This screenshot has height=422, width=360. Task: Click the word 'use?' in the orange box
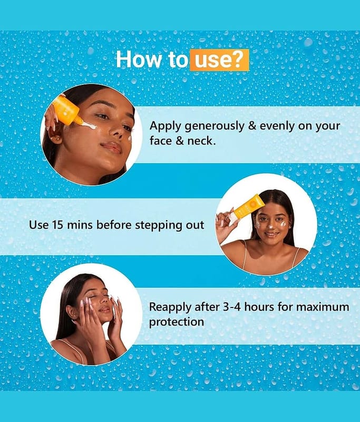tap(219, 60)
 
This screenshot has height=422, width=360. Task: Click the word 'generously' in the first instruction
tap(215, 127)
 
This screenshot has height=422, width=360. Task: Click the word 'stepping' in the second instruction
tap(156, 225)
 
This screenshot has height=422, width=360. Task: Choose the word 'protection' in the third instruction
tap(177, 322)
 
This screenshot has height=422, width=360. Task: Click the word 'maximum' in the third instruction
tap(323, 307)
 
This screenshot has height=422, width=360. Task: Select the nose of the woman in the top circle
tap(117, 129)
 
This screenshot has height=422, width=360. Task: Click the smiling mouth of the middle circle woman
tap(272, 234)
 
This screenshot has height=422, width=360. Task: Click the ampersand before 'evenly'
tap(252, 126)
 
